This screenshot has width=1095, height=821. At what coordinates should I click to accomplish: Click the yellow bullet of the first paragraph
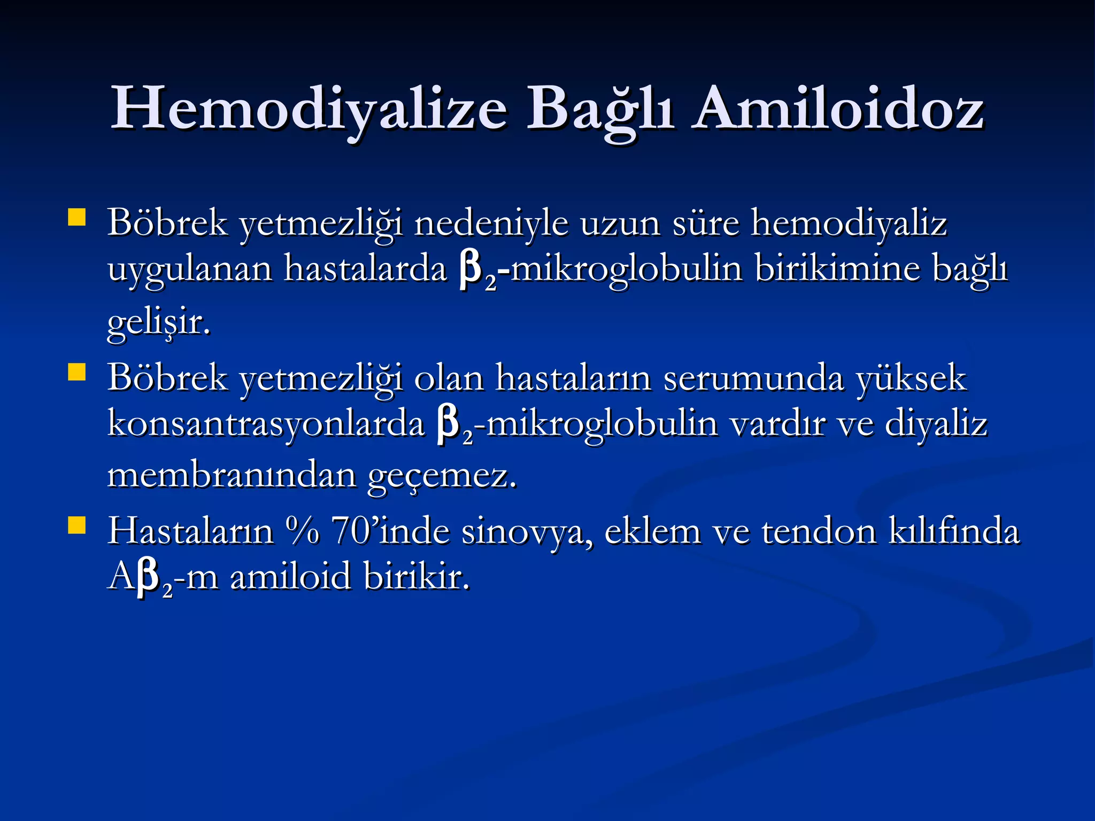77,218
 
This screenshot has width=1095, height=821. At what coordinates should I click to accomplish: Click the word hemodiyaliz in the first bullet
849,223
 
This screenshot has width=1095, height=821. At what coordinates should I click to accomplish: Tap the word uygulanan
190,269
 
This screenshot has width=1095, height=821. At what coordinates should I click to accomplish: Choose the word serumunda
753,378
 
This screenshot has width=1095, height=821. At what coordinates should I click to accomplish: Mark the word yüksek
912,378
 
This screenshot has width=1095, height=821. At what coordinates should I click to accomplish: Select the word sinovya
527,532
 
